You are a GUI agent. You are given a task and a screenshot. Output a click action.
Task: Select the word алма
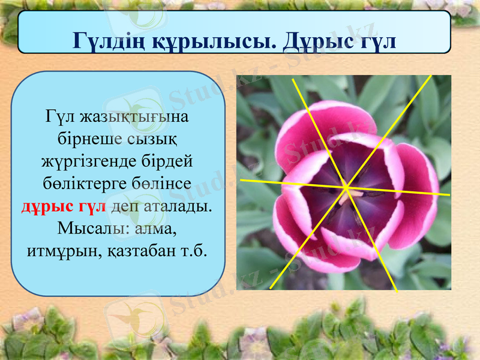click(159, 229)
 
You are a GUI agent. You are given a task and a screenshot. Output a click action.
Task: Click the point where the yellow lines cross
click(347, 188)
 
